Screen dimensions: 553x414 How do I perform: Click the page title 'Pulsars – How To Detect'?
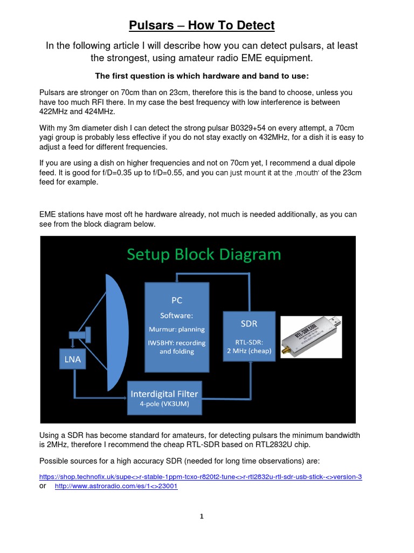[202, 25]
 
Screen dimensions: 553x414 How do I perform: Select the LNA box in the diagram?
[73, 360]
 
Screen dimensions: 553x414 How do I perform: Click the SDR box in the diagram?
[249, 335]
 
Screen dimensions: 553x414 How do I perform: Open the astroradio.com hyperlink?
[116, 485]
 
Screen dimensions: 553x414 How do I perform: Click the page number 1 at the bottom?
[202, 516]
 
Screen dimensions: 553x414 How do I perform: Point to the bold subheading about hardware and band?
[202, 75]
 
